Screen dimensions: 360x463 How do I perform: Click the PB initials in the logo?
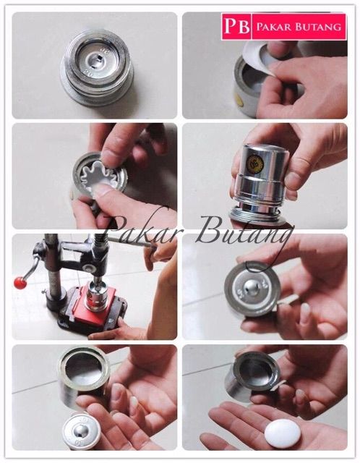tap(236, 26)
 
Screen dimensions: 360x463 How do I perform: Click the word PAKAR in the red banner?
tap(275, 27)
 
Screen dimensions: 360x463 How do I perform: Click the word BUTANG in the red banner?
tap(319, 27)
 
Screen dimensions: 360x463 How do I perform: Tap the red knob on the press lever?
tap(20, 283)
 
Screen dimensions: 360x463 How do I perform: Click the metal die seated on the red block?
tap(98, 296)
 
